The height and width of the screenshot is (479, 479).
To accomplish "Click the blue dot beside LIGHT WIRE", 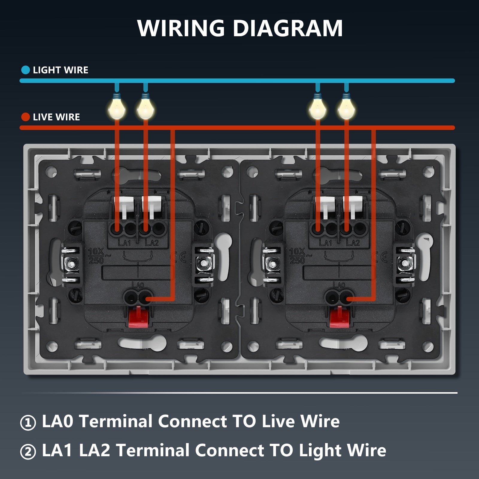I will tap(26, 70).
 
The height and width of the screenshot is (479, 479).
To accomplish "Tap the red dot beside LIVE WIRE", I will tap(26, 117).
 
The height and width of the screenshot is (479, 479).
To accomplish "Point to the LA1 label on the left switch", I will tap(124, 242).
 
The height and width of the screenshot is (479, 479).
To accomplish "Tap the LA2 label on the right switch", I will tap(353, 242).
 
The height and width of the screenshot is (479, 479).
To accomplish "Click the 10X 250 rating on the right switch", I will tap(297, 256).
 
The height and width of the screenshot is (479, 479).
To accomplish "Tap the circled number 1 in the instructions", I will tap(28, 422).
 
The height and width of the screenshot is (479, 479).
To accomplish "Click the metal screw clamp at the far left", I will tap(71, 264).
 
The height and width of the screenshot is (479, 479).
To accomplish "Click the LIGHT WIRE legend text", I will tap(60, 70).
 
